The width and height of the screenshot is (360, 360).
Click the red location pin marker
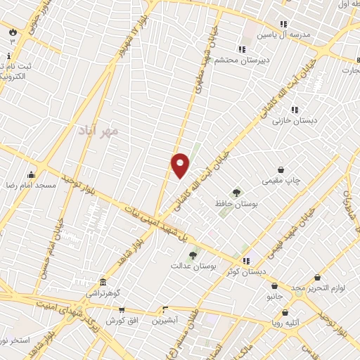[180, 165]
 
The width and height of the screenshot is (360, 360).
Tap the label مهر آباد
[99, 131]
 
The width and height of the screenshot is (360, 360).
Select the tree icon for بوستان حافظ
[237, 193]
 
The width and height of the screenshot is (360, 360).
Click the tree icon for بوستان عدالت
[192, 257]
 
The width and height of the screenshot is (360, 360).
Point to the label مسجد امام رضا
[31, 185]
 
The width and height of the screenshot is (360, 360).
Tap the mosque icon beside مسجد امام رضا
[31, 174]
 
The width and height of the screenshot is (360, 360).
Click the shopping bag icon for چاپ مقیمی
[281, 169]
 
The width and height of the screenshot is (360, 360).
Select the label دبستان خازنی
[295, 120]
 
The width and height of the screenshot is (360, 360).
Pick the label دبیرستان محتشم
[221, 60]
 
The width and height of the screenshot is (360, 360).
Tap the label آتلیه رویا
[288, 323]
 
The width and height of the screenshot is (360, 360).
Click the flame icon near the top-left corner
[12, 31]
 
